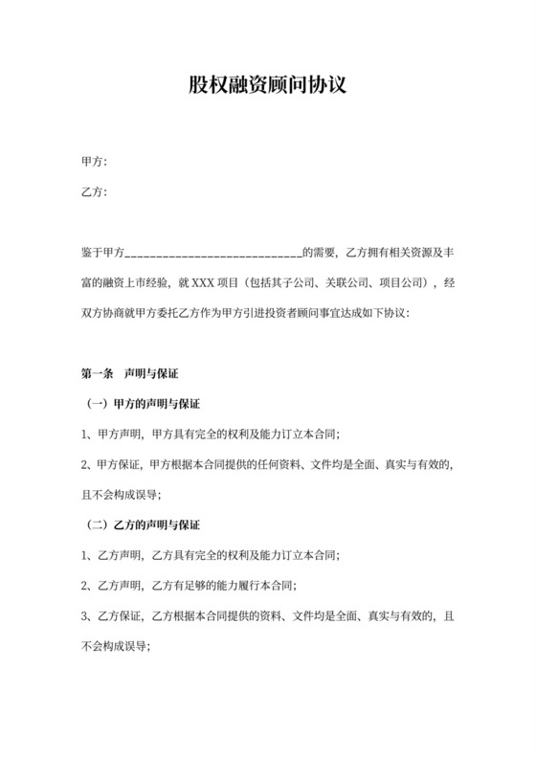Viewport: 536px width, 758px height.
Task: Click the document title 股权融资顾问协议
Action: [267, 86]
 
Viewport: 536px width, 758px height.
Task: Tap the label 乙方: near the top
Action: [94, 192]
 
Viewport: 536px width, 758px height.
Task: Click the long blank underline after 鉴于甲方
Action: [213, 254]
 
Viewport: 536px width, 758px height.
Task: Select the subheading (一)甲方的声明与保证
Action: [143, 404]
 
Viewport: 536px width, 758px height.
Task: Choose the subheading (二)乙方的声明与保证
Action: [143, 524]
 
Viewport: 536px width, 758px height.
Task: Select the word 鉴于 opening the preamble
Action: [93, 254]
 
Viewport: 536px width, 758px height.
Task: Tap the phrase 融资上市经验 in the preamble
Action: [140, 283]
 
